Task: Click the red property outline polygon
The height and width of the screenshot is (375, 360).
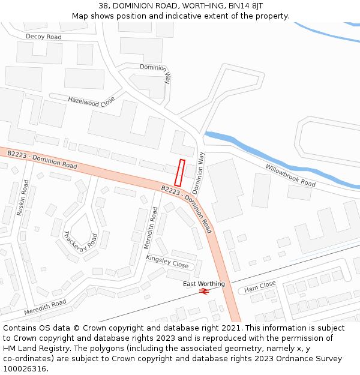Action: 179,172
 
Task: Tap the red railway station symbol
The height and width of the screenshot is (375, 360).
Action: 204,291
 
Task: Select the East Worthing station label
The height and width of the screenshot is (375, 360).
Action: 204,284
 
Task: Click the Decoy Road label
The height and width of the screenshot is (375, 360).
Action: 43,37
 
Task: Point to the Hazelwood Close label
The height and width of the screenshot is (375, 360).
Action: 91,101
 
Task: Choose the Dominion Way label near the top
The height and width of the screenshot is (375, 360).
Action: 155,71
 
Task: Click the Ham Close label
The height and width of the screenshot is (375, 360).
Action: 260,287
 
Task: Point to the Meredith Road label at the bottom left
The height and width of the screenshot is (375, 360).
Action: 45,308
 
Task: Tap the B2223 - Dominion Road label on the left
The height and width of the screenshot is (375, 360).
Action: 42,160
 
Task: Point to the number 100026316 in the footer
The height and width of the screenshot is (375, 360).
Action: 25,369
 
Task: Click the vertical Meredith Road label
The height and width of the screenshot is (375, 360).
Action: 151,228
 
